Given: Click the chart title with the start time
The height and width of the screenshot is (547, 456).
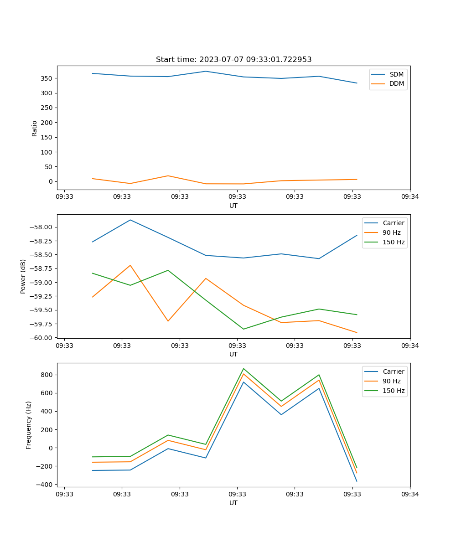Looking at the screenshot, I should tap(233, 60).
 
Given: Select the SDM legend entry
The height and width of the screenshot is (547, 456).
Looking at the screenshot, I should tap(396, 74).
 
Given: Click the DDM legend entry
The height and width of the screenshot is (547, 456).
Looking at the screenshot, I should tap(396, 83).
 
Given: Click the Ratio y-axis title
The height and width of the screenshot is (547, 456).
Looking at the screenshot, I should tap(35, 128).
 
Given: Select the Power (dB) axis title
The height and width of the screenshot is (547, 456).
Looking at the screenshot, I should tap(23, 276).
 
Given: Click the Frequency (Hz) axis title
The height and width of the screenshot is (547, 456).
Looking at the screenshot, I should tap(29, 425).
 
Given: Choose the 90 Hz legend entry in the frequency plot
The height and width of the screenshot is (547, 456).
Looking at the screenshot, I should tap(391, 381).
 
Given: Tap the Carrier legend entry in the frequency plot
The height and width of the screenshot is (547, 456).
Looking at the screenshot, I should tap(393, 372).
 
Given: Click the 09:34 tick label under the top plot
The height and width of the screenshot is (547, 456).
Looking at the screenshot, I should tap(410, 197).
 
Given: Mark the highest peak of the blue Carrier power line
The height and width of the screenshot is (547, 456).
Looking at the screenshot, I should tap(130, 220).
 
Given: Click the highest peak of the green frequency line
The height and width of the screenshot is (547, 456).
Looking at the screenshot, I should tap(244, 368).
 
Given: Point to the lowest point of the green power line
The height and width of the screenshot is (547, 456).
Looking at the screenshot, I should tap(244, 329).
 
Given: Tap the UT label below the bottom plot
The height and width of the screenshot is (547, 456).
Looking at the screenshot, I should tap(233, 503).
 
